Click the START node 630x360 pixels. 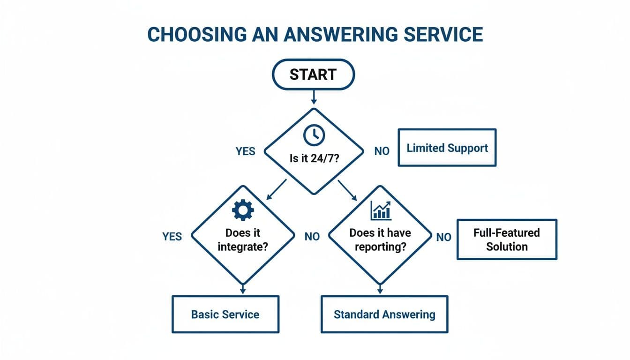(x=313, y=75)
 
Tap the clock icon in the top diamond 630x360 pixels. (x=314, y=135)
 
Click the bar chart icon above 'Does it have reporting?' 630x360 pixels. (x=381, y=210)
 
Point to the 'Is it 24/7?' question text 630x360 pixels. (x=314, y=158)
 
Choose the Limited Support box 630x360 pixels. (x=447, y=148)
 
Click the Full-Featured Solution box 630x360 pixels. (x=506, y=240)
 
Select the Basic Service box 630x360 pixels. (x=225, y=314)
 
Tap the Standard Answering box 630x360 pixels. (x=384, y=314)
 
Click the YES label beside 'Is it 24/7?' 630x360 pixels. (x=246, y=151)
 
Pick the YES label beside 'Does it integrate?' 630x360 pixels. (x=172, y=237)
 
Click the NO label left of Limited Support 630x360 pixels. (x=382, y=151)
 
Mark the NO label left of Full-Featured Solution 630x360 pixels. (x=443, y=237)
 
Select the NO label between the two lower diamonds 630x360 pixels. (x=312, y=237)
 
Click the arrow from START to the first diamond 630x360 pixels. (x=314, y=97)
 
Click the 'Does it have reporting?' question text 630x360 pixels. (x=380, y=240)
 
